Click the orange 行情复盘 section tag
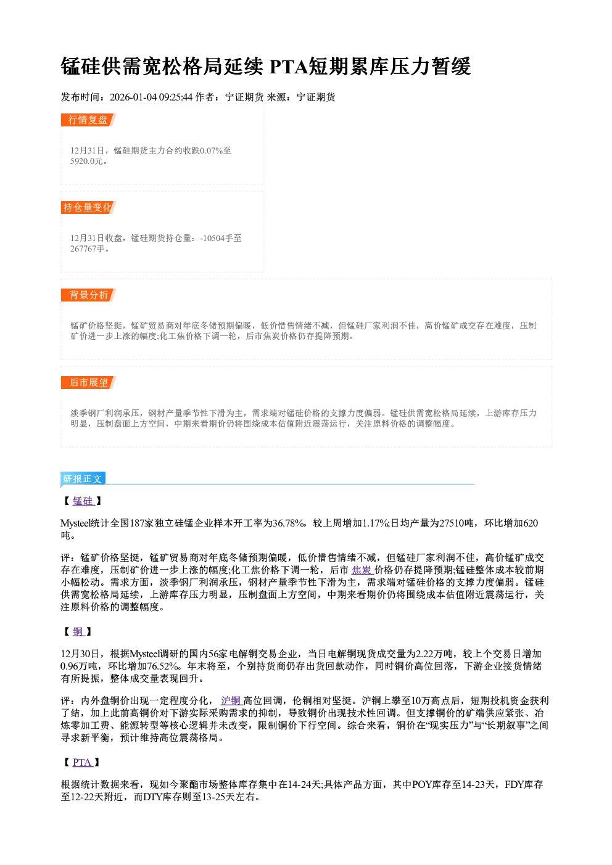(x=88, y=120)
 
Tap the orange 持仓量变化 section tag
(x=88, y=207)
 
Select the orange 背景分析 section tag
(x=88, y=295)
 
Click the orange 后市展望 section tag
(x=88, y=383)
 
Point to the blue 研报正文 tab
(x=83, y=479)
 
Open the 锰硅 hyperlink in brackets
(x=83, y=501)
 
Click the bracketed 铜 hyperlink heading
(x=78, y=631)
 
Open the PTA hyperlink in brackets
(x=82, y=762)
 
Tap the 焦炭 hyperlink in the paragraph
(x=362, y=570)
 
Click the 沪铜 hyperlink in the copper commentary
(x=231, y=700)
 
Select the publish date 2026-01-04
(x=133, y=97)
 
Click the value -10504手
(x=215, y=238)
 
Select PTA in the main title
(x=288, y=67)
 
